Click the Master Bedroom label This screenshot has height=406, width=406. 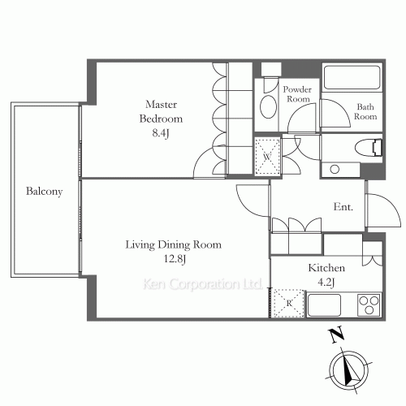[161, 111]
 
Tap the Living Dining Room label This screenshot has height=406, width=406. [174, 244]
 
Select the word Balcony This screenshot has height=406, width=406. [45, 192]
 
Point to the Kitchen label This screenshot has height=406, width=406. [326, 268]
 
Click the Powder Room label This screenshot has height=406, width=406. [297, 94]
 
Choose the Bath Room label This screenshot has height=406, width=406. [365, 111]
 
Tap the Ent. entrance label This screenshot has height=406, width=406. [343, 207]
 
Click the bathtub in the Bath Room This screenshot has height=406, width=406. [352, 77]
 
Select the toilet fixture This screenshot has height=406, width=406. [369, 148]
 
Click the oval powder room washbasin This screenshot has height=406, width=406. [268, 106]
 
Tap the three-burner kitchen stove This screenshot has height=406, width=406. [369, 304]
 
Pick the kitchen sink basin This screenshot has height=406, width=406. [324, 305]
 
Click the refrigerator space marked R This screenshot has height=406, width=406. [289, 304]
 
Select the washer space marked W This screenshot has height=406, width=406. [267, 156]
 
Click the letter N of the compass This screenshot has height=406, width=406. [336, 335]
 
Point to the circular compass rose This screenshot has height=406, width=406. [349, 370]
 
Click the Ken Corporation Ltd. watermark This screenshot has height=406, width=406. [202, 284]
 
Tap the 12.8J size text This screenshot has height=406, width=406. [175, 259]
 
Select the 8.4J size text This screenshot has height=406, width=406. [161, 133]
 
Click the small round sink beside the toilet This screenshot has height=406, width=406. [335, 170]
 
